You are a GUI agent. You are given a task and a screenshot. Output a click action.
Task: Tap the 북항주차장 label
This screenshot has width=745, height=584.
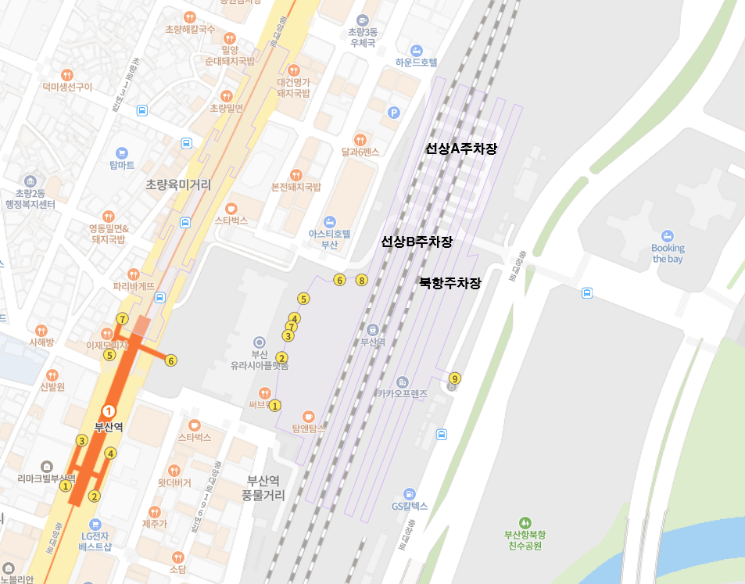click(x=450, y=283)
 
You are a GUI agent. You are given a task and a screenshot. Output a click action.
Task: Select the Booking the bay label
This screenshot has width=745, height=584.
click(x=668, y=253)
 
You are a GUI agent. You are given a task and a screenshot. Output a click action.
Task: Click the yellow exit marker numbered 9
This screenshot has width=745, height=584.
click(x=455, y=379)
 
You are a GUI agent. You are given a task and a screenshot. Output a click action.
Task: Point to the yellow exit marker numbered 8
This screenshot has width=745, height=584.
click(x=361, y=280)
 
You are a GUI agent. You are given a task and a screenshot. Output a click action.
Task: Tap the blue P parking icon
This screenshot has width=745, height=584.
click(x=394, y=113)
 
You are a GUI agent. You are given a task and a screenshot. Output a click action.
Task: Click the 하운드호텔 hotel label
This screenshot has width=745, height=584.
click(x=416, y=63)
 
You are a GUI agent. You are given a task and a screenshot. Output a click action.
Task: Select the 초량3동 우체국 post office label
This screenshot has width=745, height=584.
click(x=362, y=38)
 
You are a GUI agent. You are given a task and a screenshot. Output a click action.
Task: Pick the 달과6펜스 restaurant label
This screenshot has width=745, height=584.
click(x=360, y=152)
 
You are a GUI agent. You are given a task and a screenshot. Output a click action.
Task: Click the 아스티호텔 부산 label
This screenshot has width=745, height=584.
click(x=330, y=238)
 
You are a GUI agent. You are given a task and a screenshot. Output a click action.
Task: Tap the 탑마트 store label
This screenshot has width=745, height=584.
click(x=122, y=165)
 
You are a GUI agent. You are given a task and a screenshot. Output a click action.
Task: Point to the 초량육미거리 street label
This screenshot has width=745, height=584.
click(x=178, y=185)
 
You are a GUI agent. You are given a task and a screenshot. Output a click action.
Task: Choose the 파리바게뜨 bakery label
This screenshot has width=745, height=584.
click(x=133, y=286)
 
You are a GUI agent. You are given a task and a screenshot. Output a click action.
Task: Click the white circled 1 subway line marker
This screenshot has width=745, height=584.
click(x=109, y=410)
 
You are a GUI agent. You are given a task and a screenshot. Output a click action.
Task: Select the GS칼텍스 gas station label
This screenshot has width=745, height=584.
click(x=409, y=505)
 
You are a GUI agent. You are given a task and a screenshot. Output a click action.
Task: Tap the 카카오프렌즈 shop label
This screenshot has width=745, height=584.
click(x=402, y=394)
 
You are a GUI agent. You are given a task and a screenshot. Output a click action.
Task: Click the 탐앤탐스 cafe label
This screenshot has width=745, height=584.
click(x=308, y=428)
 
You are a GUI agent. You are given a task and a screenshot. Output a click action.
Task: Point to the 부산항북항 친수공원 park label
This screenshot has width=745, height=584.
click(x=525, y=539)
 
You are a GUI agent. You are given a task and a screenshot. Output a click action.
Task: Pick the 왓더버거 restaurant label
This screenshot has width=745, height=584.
click(x=174, y=482)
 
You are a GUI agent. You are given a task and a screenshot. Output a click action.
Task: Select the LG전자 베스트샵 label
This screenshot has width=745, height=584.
click(x=95, y=541)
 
